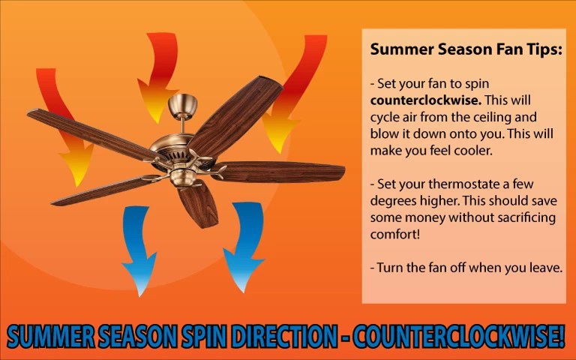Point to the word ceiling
(x=499, y=117)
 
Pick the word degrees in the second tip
(x=392, y=200)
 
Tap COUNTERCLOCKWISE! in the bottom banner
(x=456, y=337)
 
